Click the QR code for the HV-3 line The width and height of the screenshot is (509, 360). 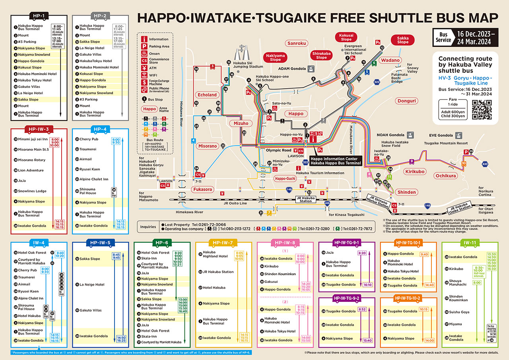pyautogui.click(x=482, y=110)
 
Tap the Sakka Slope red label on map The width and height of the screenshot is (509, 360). pyautogui.click(x=402, y=40)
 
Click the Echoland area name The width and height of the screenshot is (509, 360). pyautogui.click(x=207, y=95)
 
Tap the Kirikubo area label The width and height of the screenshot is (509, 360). pyautogui.click(x=414, y=171)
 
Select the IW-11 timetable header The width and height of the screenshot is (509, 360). pyautogui.click(x=469, y=243)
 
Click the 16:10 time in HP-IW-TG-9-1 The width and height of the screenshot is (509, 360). pyautogui.click(x=367, y=285)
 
